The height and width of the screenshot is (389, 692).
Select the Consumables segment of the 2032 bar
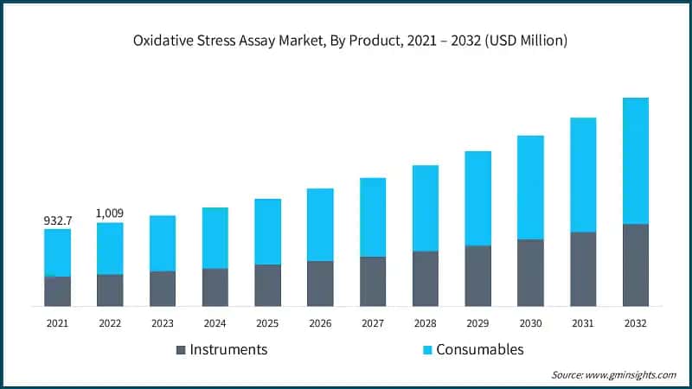click(x=636, y=161)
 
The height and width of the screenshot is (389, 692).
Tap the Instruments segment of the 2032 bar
click(x=636, y=265)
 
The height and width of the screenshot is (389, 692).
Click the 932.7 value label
click(x=58, y=221)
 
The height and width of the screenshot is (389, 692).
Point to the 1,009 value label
click(x=110, y=214)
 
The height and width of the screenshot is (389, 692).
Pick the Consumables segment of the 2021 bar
click(x=58, y=252)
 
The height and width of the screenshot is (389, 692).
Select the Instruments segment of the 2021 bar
click(x=58, y=291)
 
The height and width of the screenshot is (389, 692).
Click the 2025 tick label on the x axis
click(x=267, y=322)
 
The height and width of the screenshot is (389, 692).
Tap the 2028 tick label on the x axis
click(x=426, y=322)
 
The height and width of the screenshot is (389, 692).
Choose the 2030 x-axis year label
click(x=530, y=322)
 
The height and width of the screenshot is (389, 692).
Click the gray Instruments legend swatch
click(x=181, y=350)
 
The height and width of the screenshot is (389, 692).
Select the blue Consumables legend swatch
click(x=426, y=350)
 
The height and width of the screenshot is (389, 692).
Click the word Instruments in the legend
click(x=228, y=350)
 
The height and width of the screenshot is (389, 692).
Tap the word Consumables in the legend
click(x=479, y=350)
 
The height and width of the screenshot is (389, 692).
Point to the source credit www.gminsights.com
click(x=613, y=375)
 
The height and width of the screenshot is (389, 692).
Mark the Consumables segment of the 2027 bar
click(x=373, y=217)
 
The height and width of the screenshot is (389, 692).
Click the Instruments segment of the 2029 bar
click(x=478, y=276)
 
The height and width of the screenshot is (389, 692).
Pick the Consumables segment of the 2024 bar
click(x=215, y=238)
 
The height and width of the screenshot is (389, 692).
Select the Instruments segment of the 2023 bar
click(x=163, y=289)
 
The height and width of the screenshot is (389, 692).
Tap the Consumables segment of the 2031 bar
click(x=583, y=175)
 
